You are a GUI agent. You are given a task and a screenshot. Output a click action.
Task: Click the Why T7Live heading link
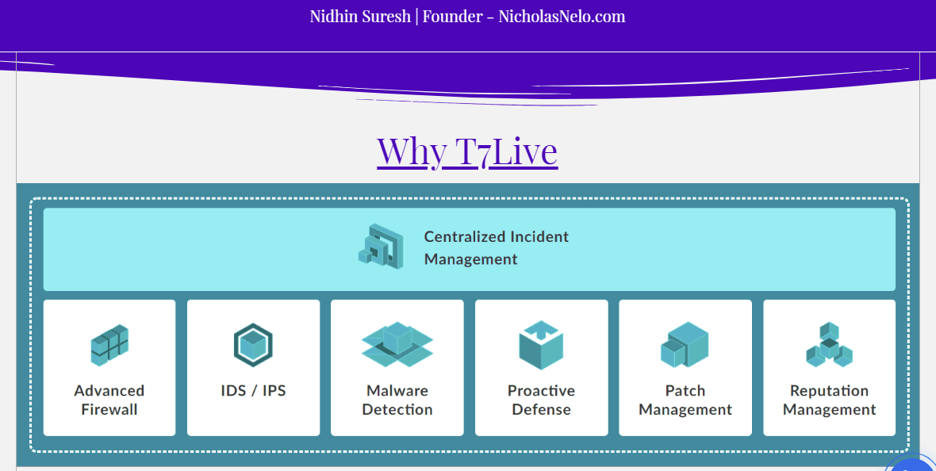(x=467, y=151)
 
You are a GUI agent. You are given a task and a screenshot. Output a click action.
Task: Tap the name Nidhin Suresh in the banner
(x=360, y=17)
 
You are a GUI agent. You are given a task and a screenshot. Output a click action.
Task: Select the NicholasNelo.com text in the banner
(x=562, y=17)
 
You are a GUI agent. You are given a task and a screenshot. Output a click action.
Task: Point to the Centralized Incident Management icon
(x=381, y=247)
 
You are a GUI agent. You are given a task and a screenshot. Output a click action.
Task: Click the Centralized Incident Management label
(x=496, y=247)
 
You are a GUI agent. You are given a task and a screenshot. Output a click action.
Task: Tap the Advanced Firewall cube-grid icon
(x=109, y=344)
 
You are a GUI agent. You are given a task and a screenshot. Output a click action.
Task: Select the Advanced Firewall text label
(x=109, y=400)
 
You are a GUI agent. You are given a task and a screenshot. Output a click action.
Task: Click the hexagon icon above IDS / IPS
(x=253, y=345)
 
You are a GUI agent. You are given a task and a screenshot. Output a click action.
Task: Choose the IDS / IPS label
(x=253, y=390)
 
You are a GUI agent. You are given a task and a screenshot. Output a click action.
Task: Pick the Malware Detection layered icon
(x=397, y=344)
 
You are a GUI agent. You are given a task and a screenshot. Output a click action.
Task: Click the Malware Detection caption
(x=397, y=400)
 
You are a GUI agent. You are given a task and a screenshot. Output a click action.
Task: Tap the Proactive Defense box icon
(x=542, y=345)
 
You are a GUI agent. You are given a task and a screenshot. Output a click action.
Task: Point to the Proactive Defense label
(x=542, y=400)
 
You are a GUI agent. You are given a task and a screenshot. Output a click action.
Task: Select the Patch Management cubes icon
(x=685, y=344)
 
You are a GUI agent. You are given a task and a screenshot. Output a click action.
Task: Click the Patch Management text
(x=685, y=400)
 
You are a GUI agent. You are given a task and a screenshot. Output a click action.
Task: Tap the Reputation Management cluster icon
(x=829, y=344)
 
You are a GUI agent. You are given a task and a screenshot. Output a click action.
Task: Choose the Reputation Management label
(x=829, y=400)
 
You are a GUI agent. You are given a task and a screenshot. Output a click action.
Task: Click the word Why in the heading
(x=412, y=151)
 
